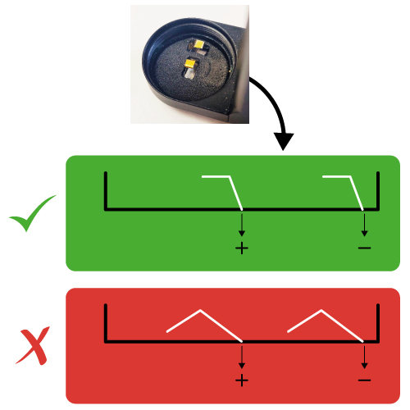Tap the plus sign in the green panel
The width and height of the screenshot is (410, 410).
tap(242, 248)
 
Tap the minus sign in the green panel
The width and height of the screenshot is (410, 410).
tap(364, 248)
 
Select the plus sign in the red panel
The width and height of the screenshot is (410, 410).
tap(242, 380)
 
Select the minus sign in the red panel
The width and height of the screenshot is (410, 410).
tap(364, 380)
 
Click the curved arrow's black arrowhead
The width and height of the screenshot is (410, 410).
tap(284, 141)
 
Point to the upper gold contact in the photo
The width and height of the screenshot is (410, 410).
tap(199, 44)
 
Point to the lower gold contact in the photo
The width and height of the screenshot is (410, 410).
tap(189, 63)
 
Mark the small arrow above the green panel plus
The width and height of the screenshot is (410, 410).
tap(242, 225)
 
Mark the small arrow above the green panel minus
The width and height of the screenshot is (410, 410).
tap(364, 225)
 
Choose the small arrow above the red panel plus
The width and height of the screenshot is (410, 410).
tap(242, 357)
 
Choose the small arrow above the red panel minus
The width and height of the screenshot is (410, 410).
tap(364, 357)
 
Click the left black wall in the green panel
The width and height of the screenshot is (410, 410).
tap(106, 191)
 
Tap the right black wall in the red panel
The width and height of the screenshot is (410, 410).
tap(378, 323)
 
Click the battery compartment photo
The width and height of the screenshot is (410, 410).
tap(189, 64)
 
